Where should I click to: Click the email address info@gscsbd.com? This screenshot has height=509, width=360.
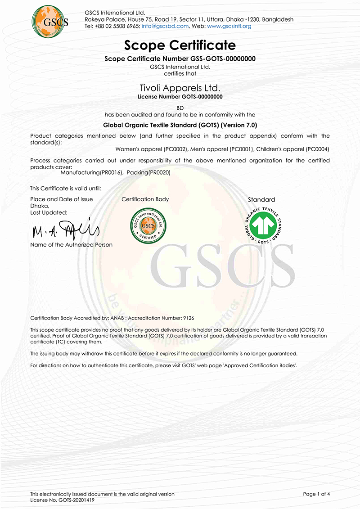[165, 26]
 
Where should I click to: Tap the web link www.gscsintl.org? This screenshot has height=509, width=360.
[229, 26]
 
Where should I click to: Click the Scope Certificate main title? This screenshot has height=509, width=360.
[180, 45]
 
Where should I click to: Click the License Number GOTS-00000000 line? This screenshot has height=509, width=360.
[180, 96]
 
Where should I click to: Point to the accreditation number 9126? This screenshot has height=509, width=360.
[188, 318]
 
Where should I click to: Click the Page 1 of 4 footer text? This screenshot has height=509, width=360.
[317, 494]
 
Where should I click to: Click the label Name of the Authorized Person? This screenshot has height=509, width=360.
[71, 245]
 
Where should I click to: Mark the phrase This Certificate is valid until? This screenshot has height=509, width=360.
[65, 188]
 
